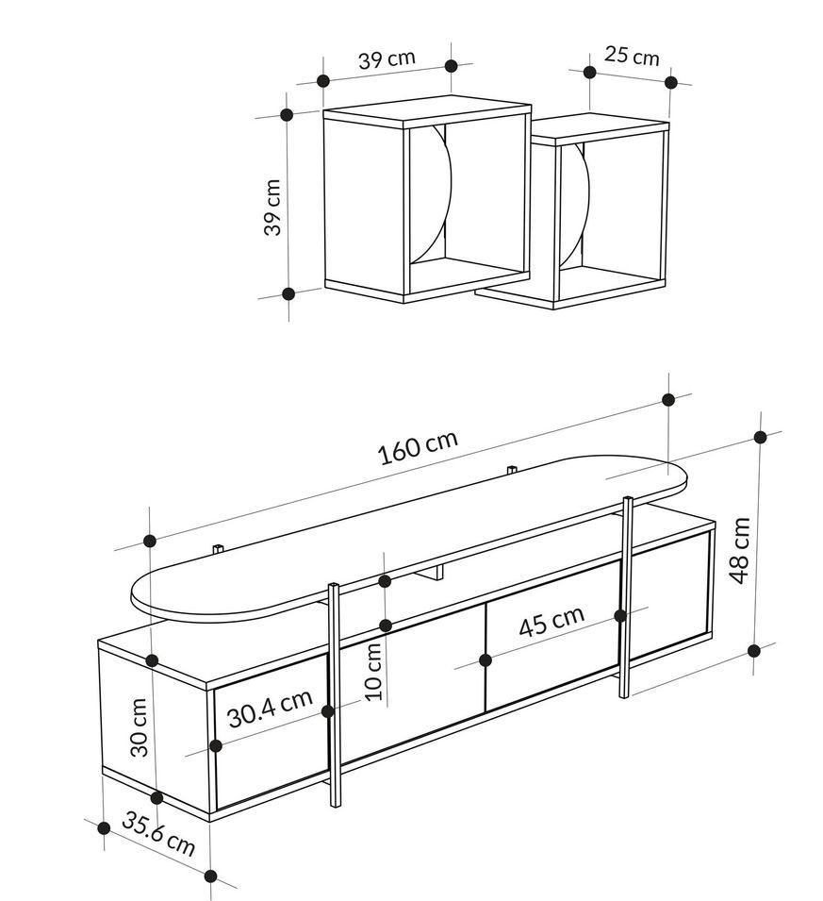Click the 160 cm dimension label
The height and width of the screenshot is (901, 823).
click(418, 446)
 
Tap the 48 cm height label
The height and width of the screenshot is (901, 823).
click(741, 550)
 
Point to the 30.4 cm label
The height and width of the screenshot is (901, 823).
click(270, 708)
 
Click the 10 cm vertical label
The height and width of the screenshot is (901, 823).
click(373, 671)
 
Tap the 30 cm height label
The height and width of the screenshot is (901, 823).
click(139, 726)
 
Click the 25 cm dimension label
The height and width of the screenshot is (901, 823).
click(632, 56)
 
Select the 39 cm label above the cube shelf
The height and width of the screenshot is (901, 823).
click(387, 59)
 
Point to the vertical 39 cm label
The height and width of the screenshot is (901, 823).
click(272, 207)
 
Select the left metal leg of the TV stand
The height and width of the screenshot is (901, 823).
click(335, 695)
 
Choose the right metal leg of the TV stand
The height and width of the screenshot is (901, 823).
click(627, 596)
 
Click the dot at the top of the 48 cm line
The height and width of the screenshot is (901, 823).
click(761, 437)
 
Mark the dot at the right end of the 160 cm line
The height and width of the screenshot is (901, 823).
click(668, 399)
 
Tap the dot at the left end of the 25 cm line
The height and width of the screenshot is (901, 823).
click(589, 72)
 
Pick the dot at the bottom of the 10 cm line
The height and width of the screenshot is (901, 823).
click(386, 625)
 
